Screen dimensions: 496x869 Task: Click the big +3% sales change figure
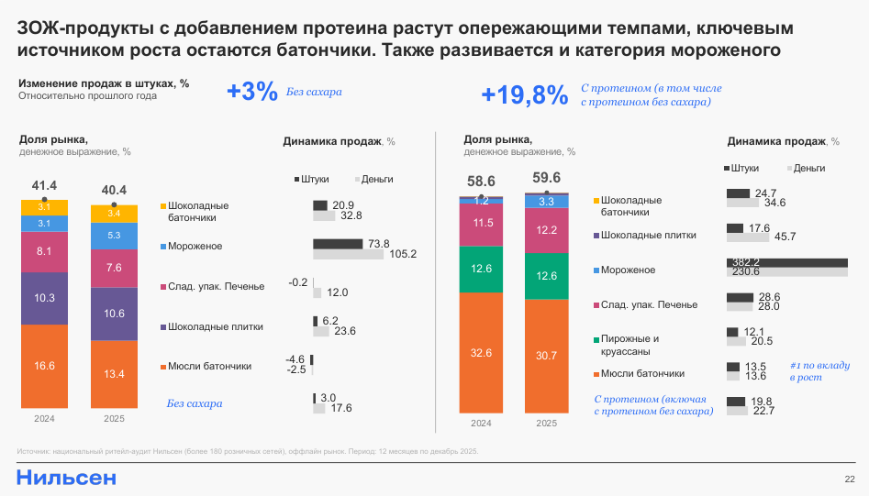click(x=251, y=92)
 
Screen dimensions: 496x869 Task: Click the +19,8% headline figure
click(x=524, y=95)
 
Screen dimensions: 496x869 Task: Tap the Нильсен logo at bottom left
click(x=66, y=478)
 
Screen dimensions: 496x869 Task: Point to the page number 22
click(x=850, y=479)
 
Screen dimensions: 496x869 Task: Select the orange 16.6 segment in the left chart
click(x=45, y=365)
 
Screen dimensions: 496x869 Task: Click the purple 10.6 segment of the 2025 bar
click(x=115, y=314)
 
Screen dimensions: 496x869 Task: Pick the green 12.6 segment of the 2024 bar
click(x=482, y=269)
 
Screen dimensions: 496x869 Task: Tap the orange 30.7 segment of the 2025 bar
click(x=546, y=355)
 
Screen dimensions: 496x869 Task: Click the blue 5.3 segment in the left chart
click(x=115, y=236)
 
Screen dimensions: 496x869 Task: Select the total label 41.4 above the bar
click(x=45, y=186)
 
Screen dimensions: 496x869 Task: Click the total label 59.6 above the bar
click(x=546, y=178)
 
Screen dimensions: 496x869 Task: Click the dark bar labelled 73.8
click(x=339, y=244)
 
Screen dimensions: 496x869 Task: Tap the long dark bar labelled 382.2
click(x=786, y=262)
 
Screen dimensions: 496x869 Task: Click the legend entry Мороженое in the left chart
click(x=195, y=247)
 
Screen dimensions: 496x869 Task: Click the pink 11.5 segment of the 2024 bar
click(x=482, y=223)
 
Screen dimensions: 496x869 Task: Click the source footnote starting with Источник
click(x=248, y=451)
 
